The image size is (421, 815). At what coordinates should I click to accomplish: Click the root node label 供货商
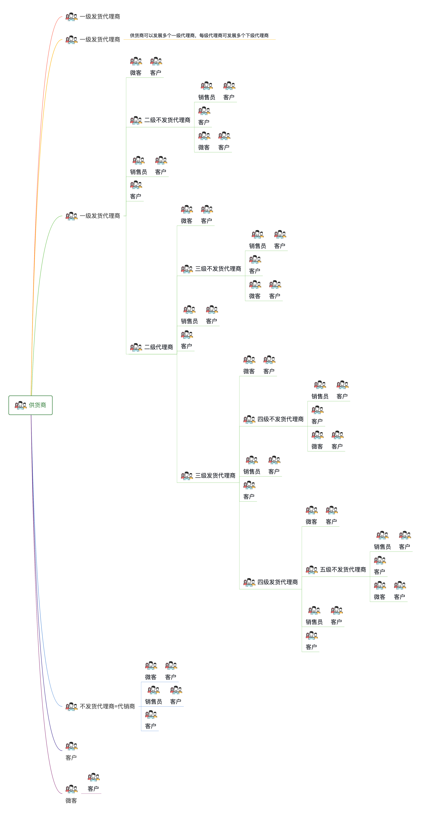point(37,405)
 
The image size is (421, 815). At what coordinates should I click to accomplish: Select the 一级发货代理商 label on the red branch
point(100,16)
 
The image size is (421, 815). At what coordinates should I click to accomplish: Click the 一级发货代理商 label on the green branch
point(100,216)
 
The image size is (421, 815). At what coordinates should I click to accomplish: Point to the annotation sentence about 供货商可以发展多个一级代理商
point(199,35)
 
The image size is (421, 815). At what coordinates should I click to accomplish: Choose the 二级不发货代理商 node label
point(167,120)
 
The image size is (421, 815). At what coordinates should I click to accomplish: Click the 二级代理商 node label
point(159,347)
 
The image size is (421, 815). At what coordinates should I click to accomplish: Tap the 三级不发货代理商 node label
point(218,269)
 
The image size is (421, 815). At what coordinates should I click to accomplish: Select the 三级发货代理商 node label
point(215,476)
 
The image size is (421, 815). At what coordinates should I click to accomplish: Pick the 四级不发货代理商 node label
point(280,419)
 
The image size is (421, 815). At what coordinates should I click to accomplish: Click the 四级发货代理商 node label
point(277,582)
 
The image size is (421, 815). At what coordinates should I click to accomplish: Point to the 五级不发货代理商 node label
point(343,570)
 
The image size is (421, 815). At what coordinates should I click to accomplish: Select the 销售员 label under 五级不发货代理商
point(382,547)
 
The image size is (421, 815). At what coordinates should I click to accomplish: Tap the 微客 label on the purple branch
point(71,800)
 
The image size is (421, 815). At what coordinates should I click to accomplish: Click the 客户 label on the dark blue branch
point(71,757)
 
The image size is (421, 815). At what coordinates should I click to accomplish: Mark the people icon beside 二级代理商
point(136,347)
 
